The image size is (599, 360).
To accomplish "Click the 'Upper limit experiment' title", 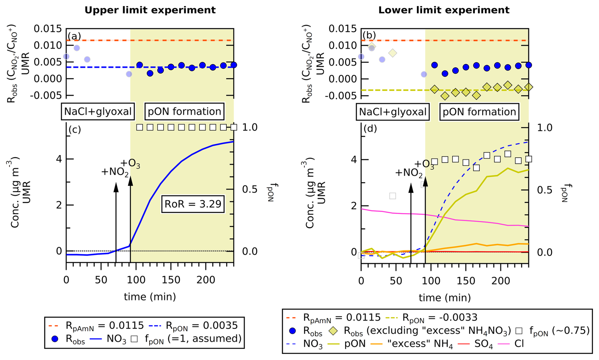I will [x=150, y=10].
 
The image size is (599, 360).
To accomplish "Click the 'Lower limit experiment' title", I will [x=444, y=10].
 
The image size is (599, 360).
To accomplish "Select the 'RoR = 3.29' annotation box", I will [x=193, y=204].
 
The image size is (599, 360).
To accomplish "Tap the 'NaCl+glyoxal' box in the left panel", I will [x=98, y=111].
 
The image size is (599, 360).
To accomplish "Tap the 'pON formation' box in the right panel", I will [x=479, y=112].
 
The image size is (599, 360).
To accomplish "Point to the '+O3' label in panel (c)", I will [x=130, y=164].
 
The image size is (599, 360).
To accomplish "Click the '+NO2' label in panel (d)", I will [x=409, y=173].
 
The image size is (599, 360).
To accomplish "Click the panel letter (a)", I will [x=74, y=36].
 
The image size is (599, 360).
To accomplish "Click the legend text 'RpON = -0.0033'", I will [x=440, y=317].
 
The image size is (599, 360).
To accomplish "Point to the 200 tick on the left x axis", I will [x=206, y=280].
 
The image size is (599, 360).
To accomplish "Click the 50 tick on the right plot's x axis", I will [x=396, y=281].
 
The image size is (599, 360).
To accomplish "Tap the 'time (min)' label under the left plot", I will [x=150, y=297].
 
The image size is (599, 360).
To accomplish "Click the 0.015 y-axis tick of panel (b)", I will [x=342, y=29].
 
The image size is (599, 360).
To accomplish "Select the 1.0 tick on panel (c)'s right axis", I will [x=250, y=127].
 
